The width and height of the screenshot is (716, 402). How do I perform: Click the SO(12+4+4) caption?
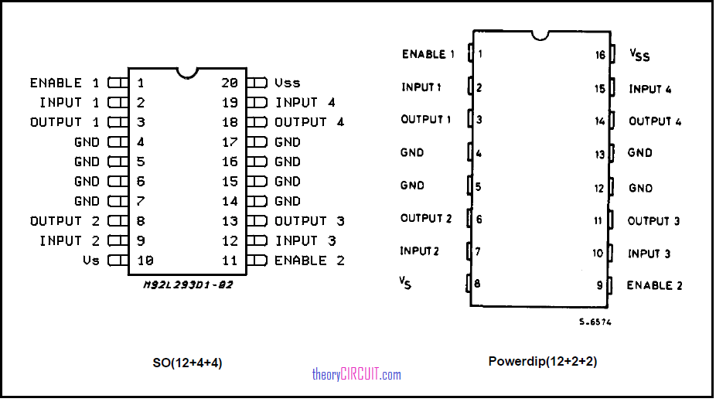(187, 363)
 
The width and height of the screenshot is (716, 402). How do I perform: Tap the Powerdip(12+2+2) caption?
(543, 361)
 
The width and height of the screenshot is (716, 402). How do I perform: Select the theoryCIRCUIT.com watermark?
(356, 375)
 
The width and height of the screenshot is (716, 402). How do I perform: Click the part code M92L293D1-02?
(188, 284)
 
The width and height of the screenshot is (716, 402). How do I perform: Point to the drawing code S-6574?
(595, 322)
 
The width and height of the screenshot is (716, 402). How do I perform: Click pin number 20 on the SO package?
(230, 83)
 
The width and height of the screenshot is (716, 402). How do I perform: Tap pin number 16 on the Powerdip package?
(600, 55)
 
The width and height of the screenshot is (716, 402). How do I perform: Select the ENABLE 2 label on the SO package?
(309, 261)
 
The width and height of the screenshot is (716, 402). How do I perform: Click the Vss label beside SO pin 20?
(287, 83)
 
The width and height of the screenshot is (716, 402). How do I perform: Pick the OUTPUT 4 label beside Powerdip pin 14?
(655, 121)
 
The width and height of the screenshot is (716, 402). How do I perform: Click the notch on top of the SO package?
(187, 73)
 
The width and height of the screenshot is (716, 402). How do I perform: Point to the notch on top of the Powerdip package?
(540, 36)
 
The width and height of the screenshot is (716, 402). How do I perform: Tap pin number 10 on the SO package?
(145, 261)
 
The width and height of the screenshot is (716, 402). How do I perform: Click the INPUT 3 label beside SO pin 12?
(305, 240)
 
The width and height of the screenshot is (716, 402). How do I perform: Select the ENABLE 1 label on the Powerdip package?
(428, 54)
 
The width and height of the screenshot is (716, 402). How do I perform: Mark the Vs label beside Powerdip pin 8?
(405, 283)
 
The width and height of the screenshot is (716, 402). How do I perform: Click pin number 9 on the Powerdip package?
(599, 285)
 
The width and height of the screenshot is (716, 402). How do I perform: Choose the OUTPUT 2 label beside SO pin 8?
(65, 221)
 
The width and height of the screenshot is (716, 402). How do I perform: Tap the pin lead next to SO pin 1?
(118, 83)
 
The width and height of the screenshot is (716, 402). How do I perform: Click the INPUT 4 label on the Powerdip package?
(650, 89)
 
